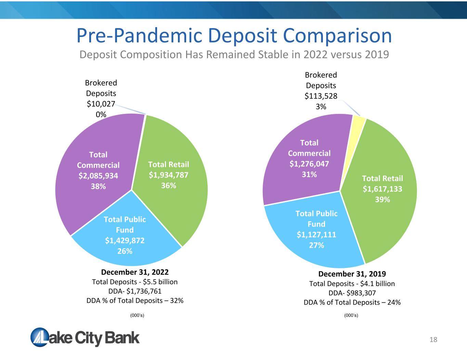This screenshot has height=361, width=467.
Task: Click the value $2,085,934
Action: tap(98, 176)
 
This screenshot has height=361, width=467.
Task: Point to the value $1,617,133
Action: tap(382, 189)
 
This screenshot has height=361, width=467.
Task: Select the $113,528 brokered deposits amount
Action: tap(321, 96)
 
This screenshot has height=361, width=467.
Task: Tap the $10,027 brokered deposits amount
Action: tap(101, 104)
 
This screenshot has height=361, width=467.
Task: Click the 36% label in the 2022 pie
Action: tap(168, 185)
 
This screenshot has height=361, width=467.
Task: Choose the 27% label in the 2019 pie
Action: tap(316, 245)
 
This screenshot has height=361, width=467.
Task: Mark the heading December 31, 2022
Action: tap(135, 272)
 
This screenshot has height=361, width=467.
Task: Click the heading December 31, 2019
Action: tap(352, 274)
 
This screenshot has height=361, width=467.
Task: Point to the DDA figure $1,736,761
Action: tap(144, 291)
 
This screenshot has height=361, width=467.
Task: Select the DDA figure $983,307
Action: tap(361, 293)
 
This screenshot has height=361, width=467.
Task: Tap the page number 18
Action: tap(433, 340)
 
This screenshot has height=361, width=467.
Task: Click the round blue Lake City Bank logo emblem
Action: tap(40, 337)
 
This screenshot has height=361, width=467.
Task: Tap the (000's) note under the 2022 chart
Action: tap(137, 315)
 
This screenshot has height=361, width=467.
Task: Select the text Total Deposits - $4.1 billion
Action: tap(352, 284)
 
